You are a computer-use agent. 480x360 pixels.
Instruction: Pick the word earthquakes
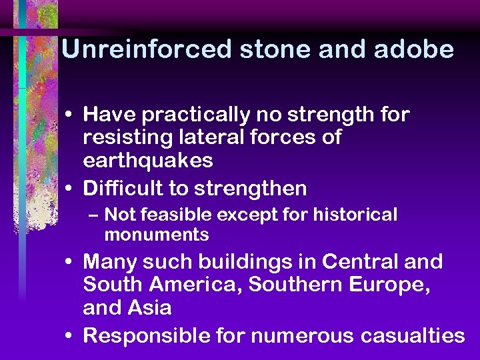tap(148, 161)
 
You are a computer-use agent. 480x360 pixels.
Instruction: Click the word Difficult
tap(123, 189)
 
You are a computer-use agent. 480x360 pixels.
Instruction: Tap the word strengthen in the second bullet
tap(250, 189)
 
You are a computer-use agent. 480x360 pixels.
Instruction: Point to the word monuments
tap(157, 235)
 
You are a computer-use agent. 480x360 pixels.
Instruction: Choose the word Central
tap(352, 262)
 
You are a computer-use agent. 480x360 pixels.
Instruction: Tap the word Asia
tap(150, 307)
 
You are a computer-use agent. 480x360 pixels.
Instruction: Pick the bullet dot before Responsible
tap(70, 336)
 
